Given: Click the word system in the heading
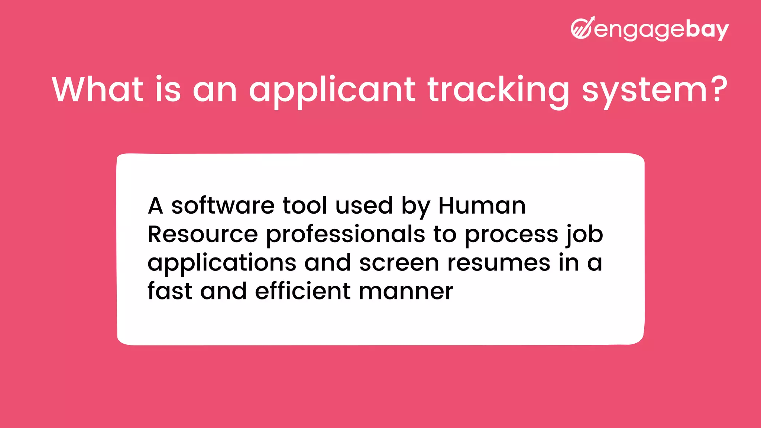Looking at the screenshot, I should click(x=644, y=91).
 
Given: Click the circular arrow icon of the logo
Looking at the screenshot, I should click(x=582, y=28).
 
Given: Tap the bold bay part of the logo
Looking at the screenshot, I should click(x=707, y=30).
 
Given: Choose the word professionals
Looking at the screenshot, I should click(x=346, y=235).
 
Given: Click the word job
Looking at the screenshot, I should click(x=584, y=235).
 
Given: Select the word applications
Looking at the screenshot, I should click(x=222, y=263).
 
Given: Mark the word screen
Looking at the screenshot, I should click(x=399, y=263).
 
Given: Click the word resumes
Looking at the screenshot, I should click(x=499, y=263).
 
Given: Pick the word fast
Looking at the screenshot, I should click(x=170, y=291).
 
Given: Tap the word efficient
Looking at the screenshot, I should click(x=302, y=291).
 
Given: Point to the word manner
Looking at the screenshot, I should click(x=406, y=292).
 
